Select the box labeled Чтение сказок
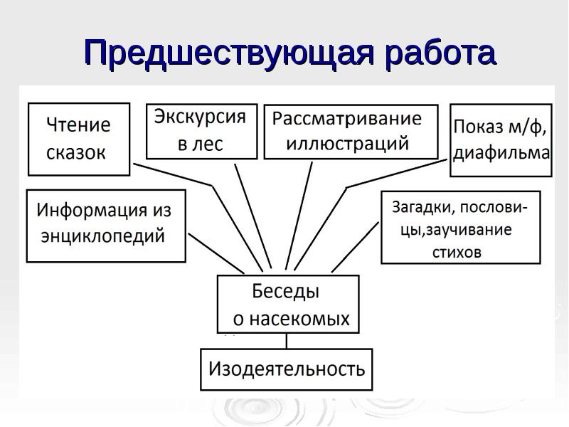79,139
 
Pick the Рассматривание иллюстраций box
351,132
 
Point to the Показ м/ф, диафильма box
501,140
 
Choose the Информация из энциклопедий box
106,225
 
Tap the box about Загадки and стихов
460,227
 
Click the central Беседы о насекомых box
287,304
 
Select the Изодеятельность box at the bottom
286,369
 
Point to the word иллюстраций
348,143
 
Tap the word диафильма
501,152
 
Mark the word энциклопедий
102,236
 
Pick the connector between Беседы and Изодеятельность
287,341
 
